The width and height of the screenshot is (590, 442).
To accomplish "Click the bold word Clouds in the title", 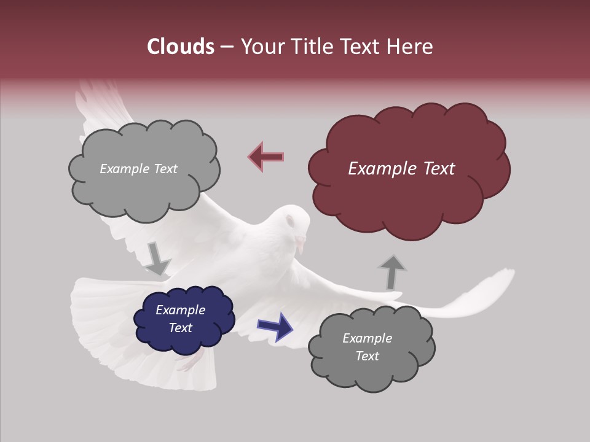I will pyautogui.click(x=181, y=47).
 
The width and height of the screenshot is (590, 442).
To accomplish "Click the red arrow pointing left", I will pyautogui.click(x=266, y=157).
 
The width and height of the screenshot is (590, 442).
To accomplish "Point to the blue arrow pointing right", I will pyautogui.click(x=275, y=327).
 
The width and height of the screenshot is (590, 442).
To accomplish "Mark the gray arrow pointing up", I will pyautogui.click(x=391, y=271).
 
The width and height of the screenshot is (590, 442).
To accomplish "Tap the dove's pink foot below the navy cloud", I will pyautogui.click(x=191, y=362).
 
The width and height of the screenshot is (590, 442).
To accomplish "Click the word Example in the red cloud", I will pyautogui.click(x=377, y=169).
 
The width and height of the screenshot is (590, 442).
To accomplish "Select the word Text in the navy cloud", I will pyautogui.click(x=181, y=328).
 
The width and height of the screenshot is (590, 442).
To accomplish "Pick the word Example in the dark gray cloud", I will pyautogui.click(x=367, y=338).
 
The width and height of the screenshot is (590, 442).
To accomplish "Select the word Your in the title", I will pyautogui.click(x=263, y=47).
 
